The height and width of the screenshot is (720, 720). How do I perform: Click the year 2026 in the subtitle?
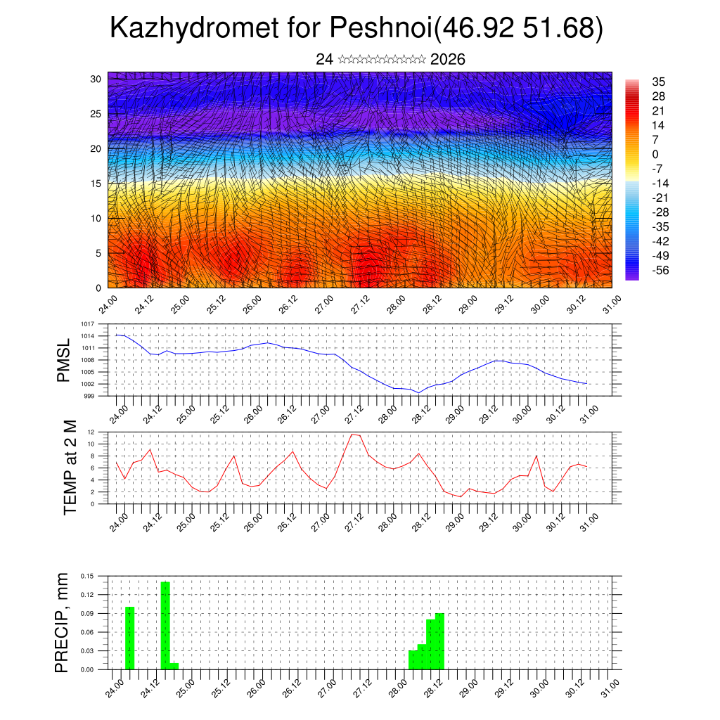click(447, 60)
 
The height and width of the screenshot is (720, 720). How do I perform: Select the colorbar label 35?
click(659, 82)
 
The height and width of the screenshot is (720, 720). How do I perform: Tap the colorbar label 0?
click(655, 154)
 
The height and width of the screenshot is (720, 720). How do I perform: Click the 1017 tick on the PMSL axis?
click(88, 325)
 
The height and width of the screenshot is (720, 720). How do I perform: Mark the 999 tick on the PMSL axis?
click(89, 396)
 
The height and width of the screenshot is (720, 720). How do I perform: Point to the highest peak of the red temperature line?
click(353, 435)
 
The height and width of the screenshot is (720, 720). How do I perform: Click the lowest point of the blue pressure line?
click(418, 392)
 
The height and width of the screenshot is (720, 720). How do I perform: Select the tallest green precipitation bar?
click(165, 624)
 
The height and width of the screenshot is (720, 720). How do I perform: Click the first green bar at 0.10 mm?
click(129, 638)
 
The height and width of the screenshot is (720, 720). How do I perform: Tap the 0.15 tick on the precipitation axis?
click(87, 576)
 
